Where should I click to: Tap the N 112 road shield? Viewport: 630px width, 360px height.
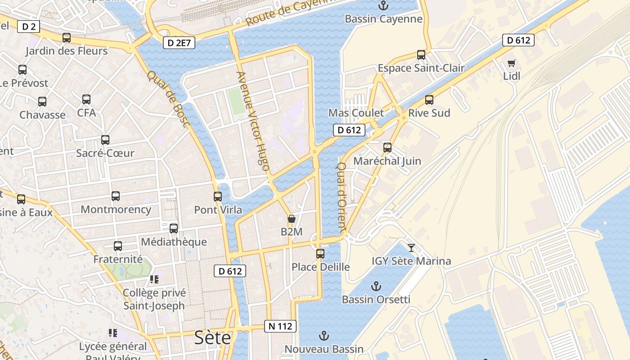280,326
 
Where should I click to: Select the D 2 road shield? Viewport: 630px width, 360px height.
28,27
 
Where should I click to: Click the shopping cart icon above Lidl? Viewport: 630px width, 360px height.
511,63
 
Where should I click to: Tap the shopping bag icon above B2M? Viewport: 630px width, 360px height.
292,219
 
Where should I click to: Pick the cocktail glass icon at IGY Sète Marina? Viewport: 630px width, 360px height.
411,247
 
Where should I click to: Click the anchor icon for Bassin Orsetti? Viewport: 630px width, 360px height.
376,286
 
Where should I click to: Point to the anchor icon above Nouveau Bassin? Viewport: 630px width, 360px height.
324,336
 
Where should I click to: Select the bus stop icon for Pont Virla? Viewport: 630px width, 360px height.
218,197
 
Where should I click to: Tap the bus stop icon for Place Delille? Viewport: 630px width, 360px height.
320,254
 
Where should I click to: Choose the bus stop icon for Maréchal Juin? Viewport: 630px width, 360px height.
387,148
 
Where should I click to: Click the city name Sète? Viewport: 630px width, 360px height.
212,337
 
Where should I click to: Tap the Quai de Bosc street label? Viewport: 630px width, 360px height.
167,99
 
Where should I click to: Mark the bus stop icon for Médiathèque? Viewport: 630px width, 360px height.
174,229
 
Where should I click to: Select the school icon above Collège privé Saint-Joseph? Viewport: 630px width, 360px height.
154,279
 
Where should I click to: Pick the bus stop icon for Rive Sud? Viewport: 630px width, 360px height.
429,100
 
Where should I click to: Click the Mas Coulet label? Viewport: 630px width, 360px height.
356,113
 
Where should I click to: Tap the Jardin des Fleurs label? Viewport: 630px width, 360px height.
67,51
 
